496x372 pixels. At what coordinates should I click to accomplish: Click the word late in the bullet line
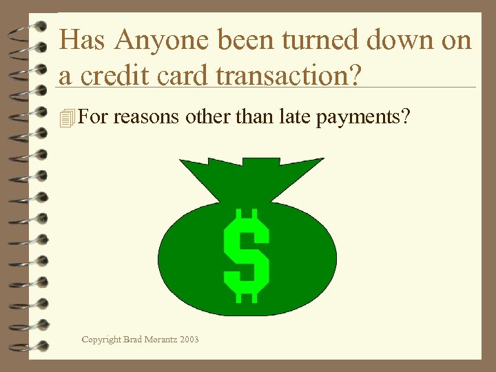(x=292, y=118)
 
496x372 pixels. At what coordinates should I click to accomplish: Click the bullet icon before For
(x=66, y=118)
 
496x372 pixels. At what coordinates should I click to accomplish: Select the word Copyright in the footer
(x=101, y=339)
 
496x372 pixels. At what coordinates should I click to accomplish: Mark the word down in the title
(x=400, y=41)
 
